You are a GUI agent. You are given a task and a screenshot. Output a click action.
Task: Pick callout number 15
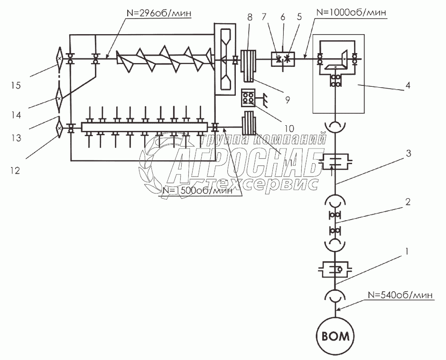click(17, 86)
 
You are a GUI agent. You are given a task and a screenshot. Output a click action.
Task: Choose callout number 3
click(408, 153)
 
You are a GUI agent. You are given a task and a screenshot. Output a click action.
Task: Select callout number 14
click(17, 115)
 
